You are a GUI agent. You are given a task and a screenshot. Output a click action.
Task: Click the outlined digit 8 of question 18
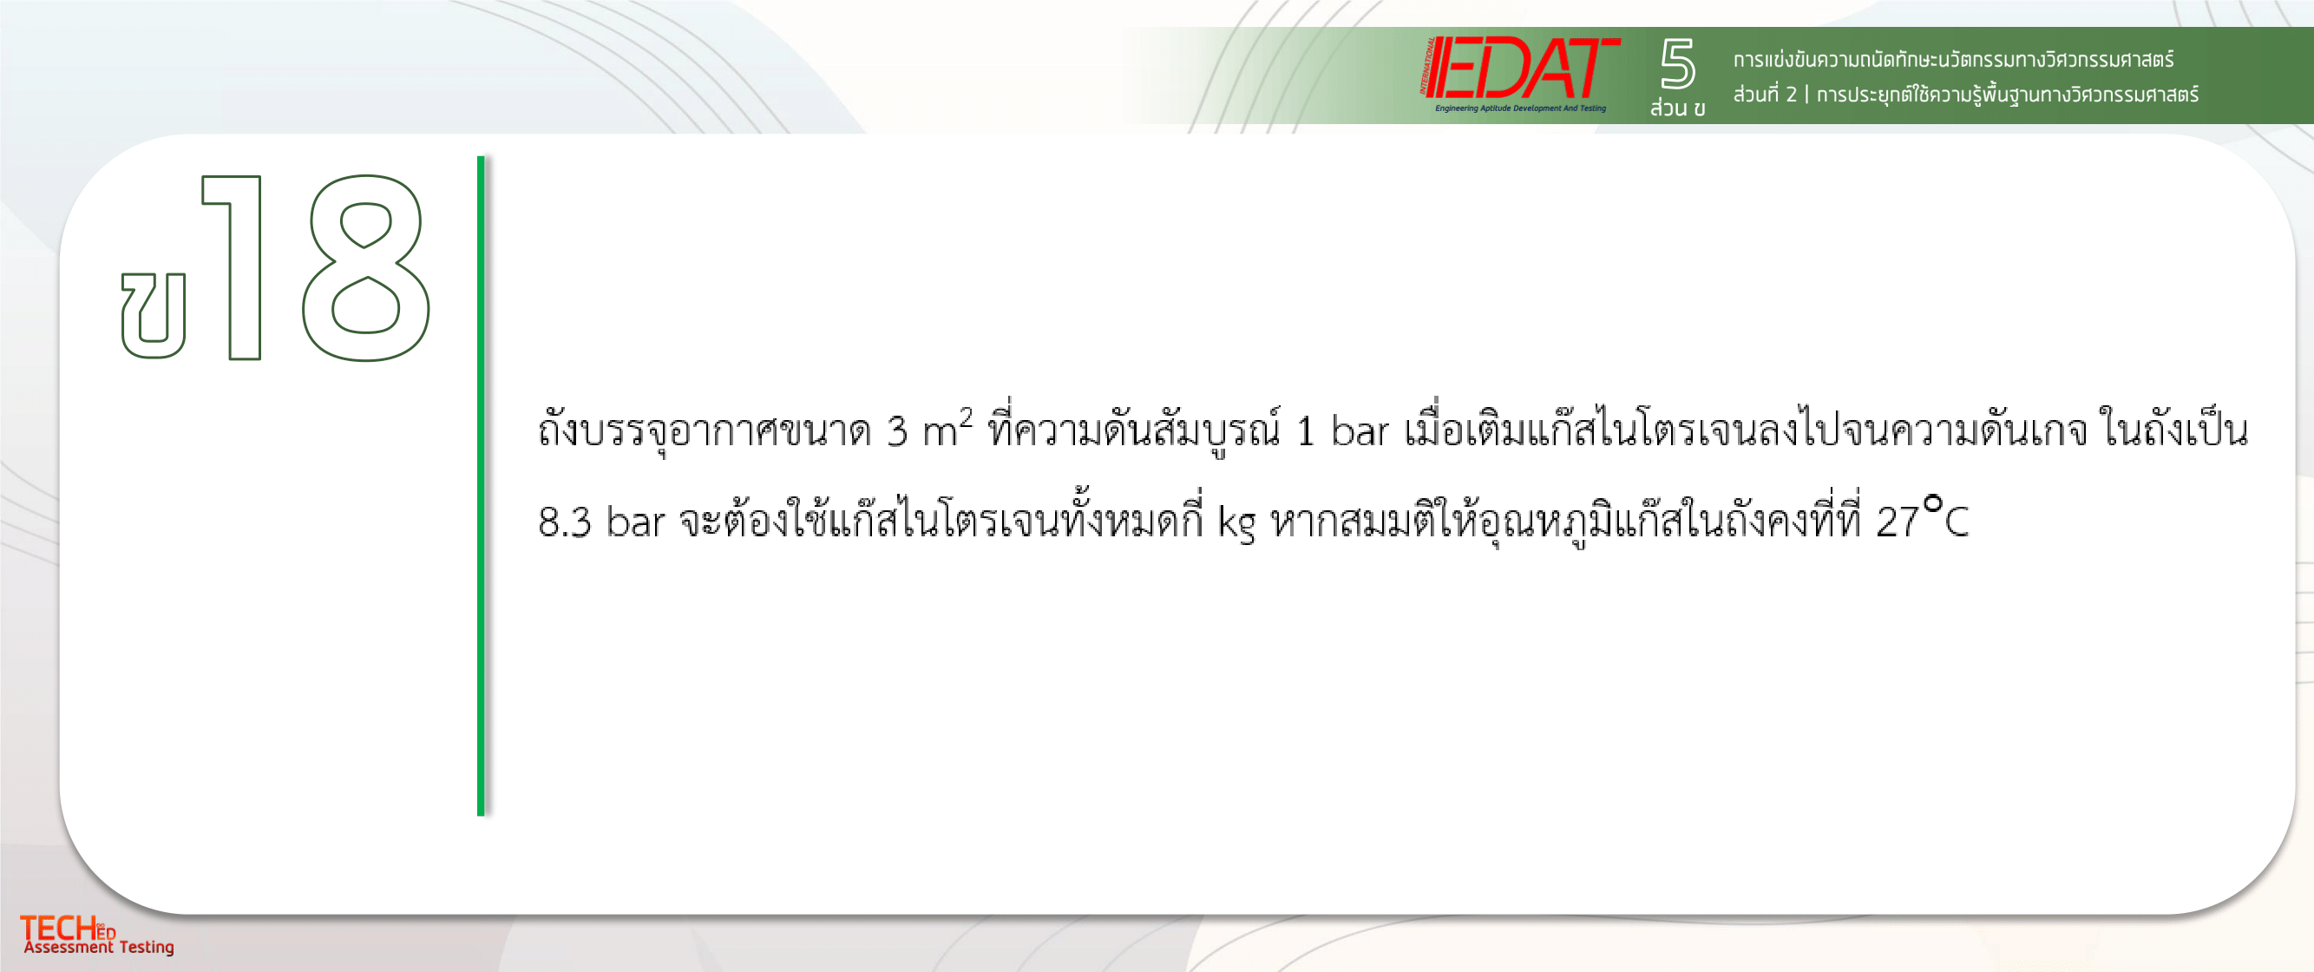[x=365, y=267]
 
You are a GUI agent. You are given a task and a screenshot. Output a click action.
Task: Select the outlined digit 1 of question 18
[x=233, y=267]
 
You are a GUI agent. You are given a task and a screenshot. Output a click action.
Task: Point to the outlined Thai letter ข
[x=154, y=315]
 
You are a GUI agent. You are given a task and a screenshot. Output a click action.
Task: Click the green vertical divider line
[x=481, y=486]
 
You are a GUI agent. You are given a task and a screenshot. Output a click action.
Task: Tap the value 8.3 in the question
[x=564, y=522]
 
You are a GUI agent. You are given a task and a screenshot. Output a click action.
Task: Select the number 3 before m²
[x=896, y=432]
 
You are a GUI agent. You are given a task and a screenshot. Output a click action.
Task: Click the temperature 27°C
[x=1923, y=517]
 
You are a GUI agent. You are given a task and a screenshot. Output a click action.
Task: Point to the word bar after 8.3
[x=635, y=521]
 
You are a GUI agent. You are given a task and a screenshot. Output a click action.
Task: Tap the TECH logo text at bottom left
[x=68, y=928]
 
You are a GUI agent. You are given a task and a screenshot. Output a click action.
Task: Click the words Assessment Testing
[x=99, y=947]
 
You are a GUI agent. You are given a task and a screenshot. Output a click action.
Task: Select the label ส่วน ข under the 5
[x=1677, y=108]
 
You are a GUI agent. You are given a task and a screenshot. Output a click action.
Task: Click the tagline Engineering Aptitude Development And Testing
[x=1520, y=108]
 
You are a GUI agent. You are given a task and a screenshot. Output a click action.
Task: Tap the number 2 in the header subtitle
[x=1791, y=95]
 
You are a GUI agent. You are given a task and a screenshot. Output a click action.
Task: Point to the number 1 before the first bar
[x=1305, y=432]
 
